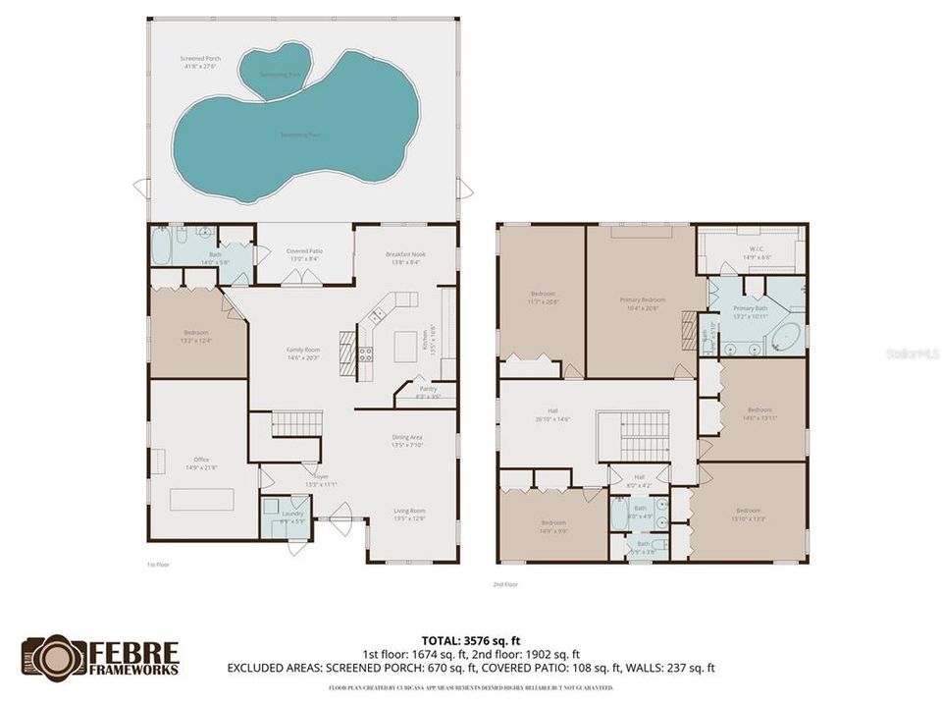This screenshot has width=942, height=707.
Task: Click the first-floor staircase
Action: point(296,424)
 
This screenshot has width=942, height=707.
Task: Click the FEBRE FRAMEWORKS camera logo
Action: point(54,658)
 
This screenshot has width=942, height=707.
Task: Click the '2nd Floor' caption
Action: point(505,584)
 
